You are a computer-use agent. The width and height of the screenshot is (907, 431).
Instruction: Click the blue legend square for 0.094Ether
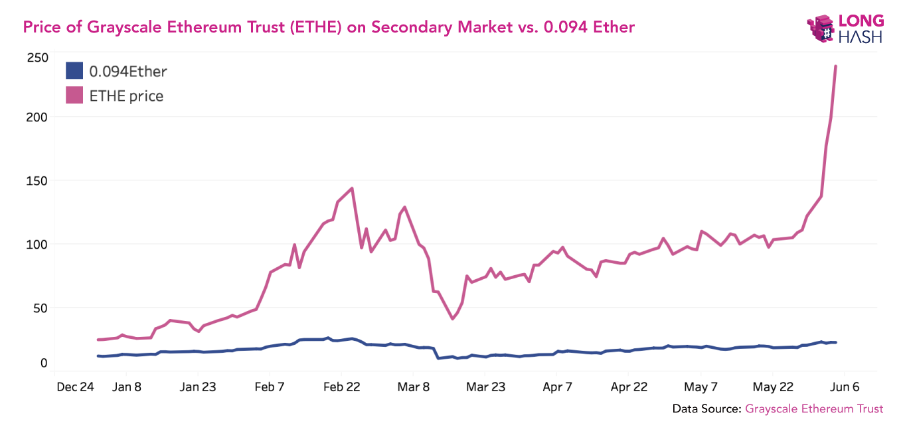[74, 71]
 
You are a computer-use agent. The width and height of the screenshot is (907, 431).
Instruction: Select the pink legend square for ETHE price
[74, 95]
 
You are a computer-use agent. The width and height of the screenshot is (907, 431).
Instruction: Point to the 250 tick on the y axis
[37, 58]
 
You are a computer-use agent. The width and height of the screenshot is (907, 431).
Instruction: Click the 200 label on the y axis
[37, 117]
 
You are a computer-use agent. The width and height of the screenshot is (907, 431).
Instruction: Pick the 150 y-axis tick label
[37, 180]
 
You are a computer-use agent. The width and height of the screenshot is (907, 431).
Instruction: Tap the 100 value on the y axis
[37, 244]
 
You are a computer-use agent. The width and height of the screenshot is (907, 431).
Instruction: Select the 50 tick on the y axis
[40, 308]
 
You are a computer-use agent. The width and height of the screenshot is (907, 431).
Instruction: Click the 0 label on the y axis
[44, 363]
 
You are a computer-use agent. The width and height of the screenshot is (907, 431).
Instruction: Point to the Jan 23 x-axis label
[198, 387]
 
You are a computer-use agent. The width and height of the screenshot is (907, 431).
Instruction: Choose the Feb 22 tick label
[341, 387]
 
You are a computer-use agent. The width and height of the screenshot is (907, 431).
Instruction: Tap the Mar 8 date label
[413, 387]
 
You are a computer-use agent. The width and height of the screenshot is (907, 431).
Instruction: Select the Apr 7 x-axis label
[557, 387]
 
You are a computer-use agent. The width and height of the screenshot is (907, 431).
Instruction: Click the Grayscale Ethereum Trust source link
[814, 408]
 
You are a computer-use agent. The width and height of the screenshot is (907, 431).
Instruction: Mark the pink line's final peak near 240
[835, 66]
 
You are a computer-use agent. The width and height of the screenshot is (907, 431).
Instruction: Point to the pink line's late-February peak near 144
[352, 188]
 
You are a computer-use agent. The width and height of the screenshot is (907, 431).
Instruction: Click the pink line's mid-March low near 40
[453, 319]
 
